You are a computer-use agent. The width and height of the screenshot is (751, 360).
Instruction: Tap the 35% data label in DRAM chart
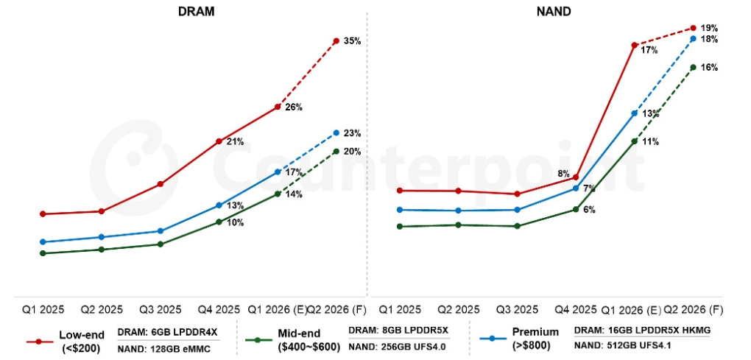click(x=352, y=41)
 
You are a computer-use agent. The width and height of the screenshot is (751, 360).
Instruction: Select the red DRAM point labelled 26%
click(x=278, y=107)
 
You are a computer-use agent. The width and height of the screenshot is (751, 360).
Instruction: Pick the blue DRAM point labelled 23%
click(x=336, y=133)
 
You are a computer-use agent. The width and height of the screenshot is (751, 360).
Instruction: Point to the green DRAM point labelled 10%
click(x=219, y=222)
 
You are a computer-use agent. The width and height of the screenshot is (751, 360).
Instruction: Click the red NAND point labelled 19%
click(x=693, y=28)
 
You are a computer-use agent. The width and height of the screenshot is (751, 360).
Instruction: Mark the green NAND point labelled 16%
click(x=693, y=67)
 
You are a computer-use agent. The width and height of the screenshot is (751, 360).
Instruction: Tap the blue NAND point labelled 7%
click(x=576, y=188)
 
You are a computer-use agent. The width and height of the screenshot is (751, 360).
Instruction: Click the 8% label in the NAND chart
click(x=563, y=174)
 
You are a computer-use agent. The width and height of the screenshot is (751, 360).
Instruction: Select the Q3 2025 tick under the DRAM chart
click(x=160, y=309)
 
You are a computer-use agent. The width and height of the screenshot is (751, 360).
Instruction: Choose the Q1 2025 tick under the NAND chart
click(x=399, y=309)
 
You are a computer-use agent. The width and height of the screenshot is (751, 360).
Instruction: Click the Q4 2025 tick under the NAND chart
click(x=575, y=309)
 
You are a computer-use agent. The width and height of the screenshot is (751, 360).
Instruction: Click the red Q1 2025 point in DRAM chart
click(x=43, y=214)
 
